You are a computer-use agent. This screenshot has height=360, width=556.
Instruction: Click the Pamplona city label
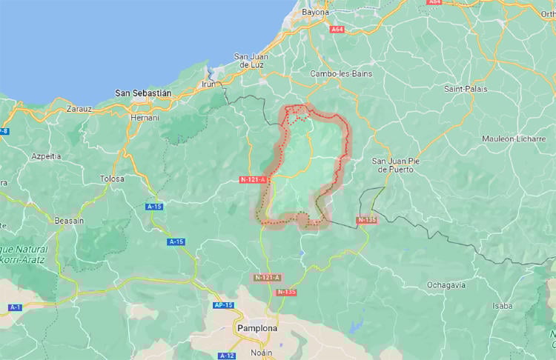pos(257,327)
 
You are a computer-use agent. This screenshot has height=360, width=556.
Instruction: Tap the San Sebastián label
pos(143,93)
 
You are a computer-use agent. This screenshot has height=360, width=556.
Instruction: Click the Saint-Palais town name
pos(465,89)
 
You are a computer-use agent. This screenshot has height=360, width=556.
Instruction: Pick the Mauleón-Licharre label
pos(513,139)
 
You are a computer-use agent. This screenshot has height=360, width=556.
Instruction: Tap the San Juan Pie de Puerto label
pos(395,164)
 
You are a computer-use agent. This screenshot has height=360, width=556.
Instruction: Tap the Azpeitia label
pos(46,156)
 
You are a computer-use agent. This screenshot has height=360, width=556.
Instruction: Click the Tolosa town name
pos(112,179)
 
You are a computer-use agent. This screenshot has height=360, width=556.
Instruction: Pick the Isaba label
pos(502,305)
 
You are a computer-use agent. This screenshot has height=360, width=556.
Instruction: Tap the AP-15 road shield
pos(223,305)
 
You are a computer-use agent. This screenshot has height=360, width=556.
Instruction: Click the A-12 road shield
pos(227,356)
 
